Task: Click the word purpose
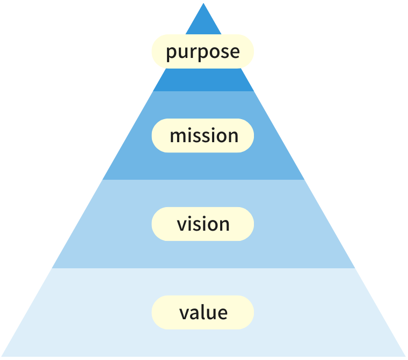point(203,52)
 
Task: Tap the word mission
point(204,136)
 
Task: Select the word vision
point(203,224)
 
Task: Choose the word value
point(203,312)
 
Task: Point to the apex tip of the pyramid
point(203,4)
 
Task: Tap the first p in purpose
point(171,54)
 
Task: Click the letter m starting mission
point(178,136)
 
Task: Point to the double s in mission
point(202,136)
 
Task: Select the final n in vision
point(224,225)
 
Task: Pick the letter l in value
point(202,312)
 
